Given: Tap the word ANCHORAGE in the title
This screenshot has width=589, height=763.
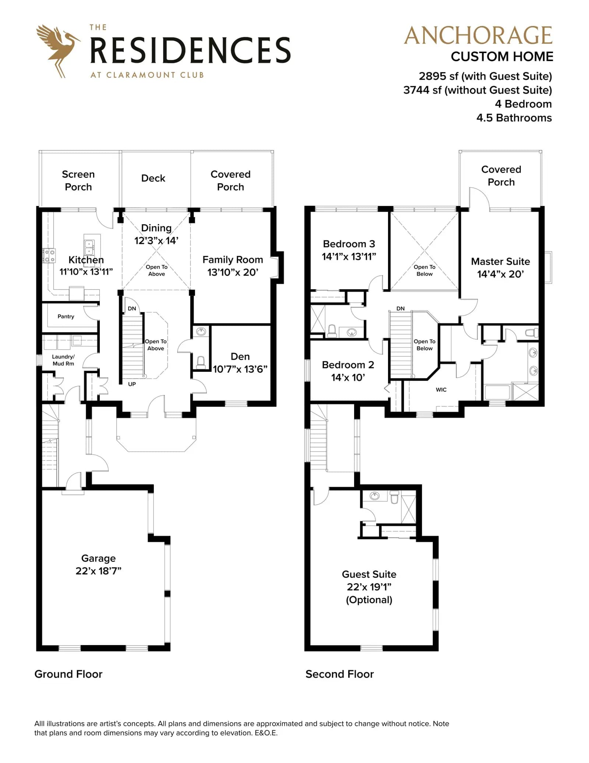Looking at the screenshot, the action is pyautogui.click(x=478, y=35).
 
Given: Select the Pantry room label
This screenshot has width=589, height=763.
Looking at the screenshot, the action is pyautogui.click(x=66, y=316).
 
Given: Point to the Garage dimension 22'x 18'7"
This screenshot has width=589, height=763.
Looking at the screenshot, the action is pyautogui.click(x=98, y=571).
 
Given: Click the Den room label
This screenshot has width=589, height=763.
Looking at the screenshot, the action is pyautogui.click(x=240, y=357).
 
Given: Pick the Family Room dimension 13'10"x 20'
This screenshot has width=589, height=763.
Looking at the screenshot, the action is pyautogui.click(x=233, y=272).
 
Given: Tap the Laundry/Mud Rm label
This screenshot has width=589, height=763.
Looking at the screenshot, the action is pyautogui.click(x=63, y=360).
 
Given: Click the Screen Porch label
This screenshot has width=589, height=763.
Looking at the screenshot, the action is pyautogui.click(x=78, y=181).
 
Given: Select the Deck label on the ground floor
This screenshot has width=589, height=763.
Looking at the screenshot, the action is pyautogui.click(x=153, y=178).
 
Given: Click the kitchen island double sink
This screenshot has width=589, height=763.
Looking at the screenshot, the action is pyautogui.click(x=89, y=247).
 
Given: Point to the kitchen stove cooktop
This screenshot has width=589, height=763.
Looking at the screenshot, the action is pyautogui.click(x=49, y=256).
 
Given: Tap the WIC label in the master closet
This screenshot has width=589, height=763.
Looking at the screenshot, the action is pyautogui.click(x=441, y=389).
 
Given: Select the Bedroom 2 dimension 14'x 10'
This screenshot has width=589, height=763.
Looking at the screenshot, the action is pyautogui.click(x=348, y=377).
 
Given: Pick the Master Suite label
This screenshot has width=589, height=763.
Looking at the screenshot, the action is pyautogui.click(x=501, y=262).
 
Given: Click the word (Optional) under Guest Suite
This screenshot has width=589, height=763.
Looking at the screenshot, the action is pyautogui.click(x=369, y=600).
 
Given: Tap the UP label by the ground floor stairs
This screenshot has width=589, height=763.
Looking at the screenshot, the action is pyautogui.click(x=132, y=384).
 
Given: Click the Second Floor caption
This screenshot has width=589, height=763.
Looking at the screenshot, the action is pyautogui.click(x=339, y=674).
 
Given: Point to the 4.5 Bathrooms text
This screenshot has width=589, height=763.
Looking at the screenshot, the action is pyautogui.click(x=514, y=118).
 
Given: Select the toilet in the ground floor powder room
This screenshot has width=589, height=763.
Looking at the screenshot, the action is pyautogui.click(x=201, y=363).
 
